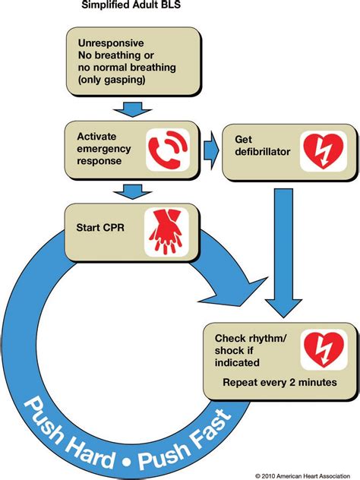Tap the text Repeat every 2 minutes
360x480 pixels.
coord(279,381)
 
